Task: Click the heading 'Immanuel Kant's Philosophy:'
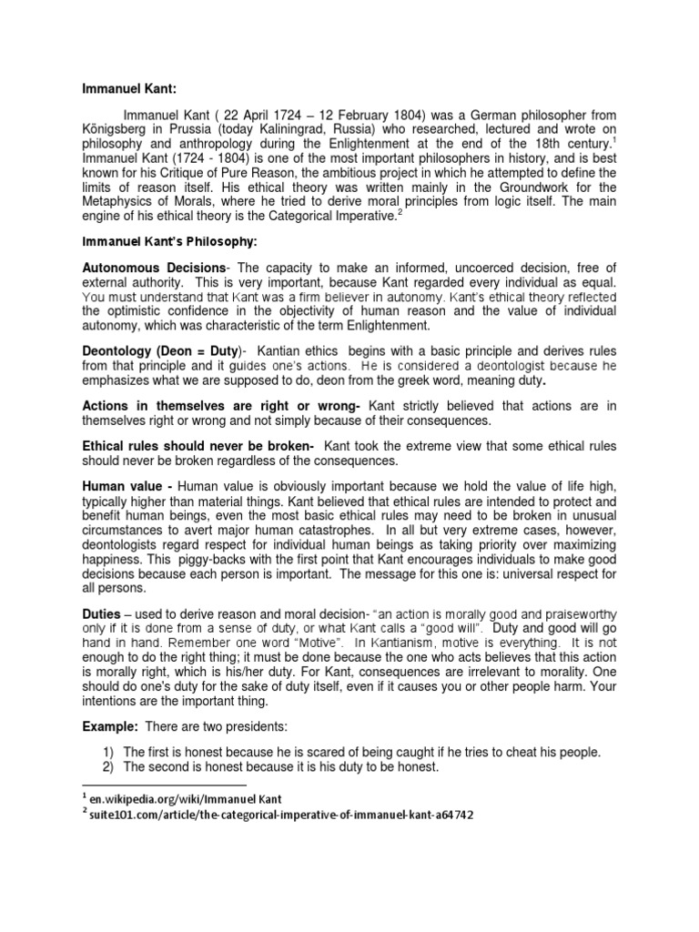pyautogui.click(x=157, y=242)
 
